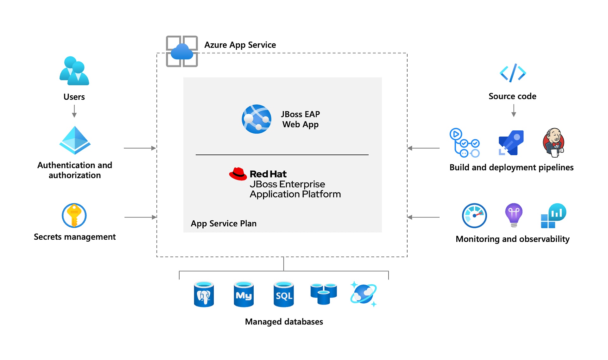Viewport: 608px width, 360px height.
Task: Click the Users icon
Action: pyautogui.click(x=74, y=71)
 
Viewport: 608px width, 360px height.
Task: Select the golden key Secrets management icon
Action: pyautogui.click(x=74, y=216)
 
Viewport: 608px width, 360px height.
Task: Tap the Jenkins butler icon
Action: pyautogui.click(x=554, y=142)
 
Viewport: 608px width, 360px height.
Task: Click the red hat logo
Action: pyautogui.click(x=238, y=174)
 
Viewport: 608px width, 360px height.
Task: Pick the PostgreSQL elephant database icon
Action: pyautogui.click(x=204, y=294)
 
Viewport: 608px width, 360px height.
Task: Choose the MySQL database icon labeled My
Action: pyautogui.click(x=244, y=294)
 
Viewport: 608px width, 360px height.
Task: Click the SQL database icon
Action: pyautogui.click(x=283, y=294)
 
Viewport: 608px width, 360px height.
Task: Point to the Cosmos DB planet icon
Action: pyautogui.click(x=364, y=294)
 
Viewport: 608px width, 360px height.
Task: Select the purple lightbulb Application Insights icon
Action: pyautogui.click(x=514, y=215)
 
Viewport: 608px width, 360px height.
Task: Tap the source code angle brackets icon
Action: pyautogui.click(x=513, y=73)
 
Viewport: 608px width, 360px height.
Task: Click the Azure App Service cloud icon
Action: pyautogui.click(x=182, y=51)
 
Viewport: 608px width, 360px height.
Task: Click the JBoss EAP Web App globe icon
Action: pyautogui.click(x=256, y=119)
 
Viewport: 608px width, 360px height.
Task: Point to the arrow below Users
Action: pyautogui.click(x=74, y=111)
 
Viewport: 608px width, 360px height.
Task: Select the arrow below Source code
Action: pyautogui.click(x=514, y=111)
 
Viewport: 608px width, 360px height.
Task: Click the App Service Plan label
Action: pyautogui.click(x=224, y=224)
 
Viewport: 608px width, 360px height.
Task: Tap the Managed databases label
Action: pyautogui.click(x=284, y=322)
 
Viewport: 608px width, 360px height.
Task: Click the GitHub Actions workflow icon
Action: pyautogui.click(x=465, y=143)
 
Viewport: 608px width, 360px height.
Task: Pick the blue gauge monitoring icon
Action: pyautogui.click(x=474, y=216)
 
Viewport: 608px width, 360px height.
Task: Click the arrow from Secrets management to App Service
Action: pyautogui.click(x=140, y=217)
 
